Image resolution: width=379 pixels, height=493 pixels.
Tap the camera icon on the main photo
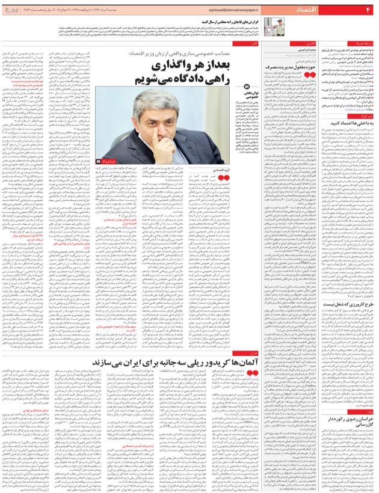point(100,162)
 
